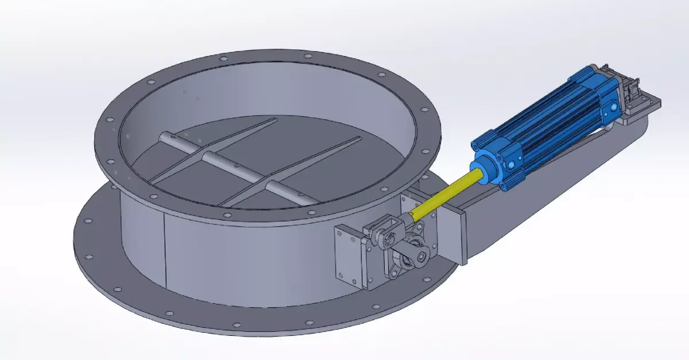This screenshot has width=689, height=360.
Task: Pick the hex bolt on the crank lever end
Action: coord(424,257)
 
